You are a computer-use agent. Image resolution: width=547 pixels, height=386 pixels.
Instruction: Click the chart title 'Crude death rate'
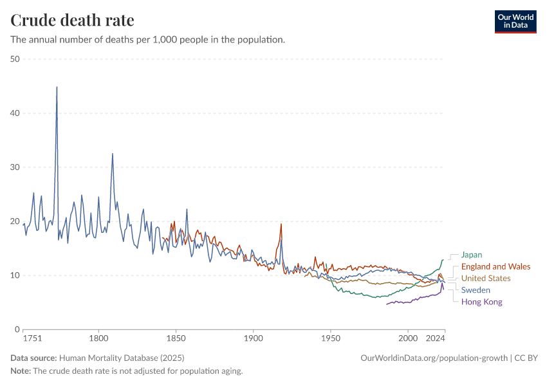72,21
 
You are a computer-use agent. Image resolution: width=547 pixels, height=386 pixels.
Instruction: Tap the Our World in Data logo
515,21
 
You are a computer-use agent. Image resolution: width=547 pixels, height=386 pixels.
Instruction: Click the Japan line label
471,255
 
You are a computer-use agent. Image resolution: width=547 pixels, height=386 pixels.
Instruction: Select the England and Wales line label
496,266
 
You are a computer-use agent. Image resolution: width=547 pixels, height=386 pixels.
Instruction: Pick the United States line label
486,279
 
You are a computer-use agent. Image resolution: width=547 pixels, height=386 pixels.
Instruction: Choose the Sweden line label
476,290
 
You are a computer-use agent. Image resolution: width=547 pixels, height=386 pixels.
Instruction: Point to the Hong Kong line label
481,302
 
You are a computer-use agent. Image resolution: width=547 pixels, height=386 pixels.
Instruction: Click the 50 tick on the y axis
15,59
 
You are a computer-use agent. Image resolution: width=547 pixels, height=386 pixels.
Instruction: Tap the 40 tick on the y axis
15,113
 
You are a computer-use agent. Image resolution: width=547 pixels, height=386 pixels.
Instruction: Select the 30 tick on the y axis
15,167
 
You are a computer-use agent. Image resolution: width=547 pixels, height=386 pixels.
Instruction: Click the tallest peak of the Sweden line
57,87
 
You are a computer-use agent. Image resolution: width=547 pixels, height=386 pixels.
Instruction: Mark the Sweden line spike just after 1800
113,154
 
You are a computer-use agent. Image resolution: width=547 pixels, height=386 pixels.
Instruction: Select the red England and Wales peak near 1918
281,224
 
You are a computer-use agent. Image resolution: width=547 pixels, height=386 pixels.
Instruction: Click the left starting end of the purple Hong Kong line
387,304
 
